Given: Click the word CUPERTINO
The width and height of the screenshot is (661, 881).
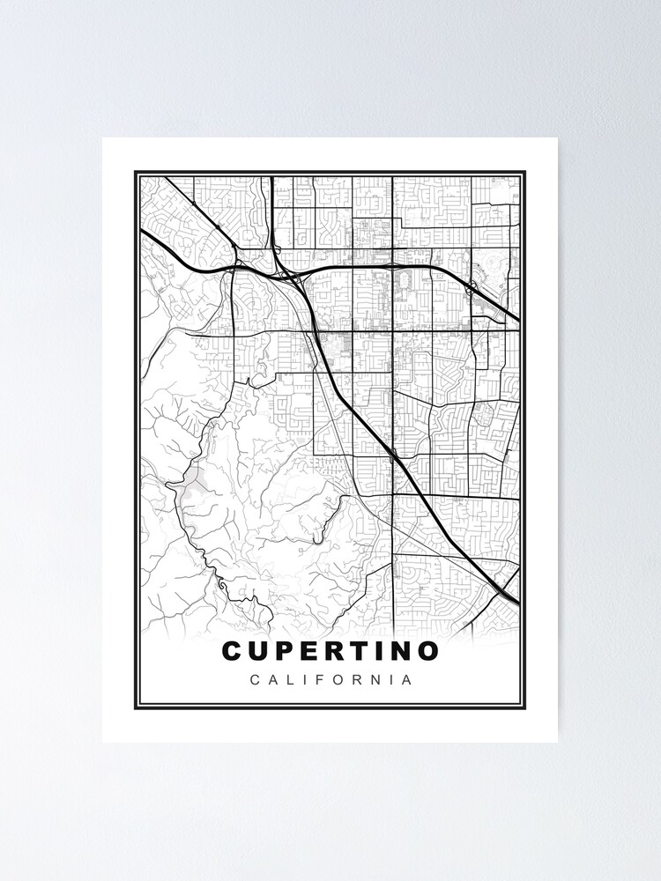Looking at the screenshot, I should click(330, 651).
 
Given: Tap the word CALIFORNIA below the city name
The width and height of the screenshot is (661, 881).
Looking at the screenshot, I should click(330, 680).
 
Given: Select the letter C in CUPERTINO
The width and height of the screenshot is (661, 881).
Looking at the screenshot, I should click(233, 651).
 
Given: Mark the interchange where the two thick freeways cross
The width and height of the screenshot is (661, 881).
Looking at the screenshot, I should click(291, 270).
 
